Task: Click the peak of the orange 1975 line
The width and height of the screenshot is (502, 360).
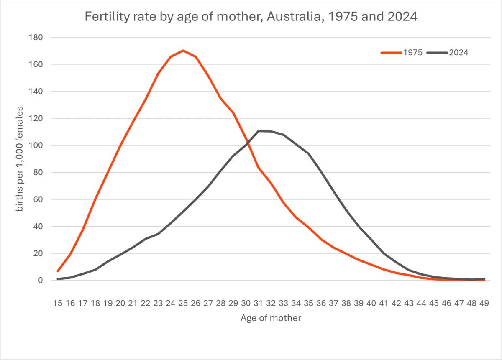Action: click(x=183, y=51)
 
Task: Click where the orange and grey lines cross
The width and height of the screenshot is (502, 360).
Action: click(x=248, y=143)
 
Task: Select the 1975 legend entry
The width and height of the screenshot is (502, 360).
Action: click(x=402, y=53)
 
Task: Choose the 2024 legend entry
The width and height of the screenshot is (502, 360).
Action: click(x=448, y=53)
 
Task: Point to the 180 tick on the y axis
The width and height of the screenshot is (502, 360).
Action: click(x=36, y=37)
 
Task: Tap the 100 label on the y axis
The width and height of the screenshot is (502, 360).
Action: click(x=36, y=146)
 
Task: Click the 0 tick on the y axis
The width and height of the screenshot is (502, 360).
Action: click(x=40, y=280)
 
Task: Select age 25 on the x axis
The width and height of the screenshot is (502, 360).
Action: click(x=183, y=303)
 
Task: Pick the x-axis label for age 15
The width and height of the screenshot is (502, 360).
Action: click(x=58, y=303)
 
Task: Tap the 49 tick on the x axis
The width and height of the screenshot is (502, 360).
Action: click(x=484, y=303)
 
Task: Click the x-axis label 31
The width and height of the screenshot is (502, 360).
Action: click(x=258, y=303)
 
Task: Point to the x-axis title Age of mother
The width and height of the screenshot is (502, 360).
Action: click(x=271, y=318)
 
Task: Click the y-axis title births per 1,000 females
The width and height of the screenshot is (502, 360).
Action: click(x=20, y=159)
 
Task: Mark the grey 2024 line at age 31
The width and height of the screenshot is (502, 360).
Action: click(x=259, y=131)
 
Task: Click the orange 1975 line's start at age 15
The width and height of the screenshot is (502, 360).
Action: click(x=58, y=271)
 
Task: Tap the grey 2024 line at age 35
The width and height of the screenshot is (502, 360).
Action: click(x=309, y=154)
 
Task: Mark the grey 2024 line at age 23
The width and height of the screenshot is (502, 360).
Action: click(x=158, y=234)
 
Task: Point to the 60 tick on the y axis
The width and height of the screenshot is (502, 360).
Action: click(x=38, y=199)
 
